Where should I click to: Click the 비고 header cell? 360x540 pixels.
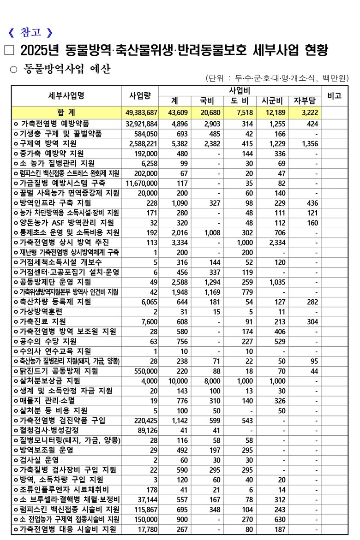coord(334,96)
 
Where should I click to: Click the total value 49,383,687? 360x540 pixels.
coord(141,113)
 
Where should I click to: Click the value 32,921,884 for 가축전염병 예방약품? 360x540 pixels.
coord(141,124)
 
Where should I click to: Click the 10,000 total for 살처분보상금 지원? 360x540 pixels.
coord(175,381)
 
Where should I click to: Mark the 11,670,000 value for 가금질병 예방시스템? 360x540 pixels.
coord(141,183)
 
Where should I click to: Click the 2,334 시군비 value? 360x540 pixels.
coord(276,243)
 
